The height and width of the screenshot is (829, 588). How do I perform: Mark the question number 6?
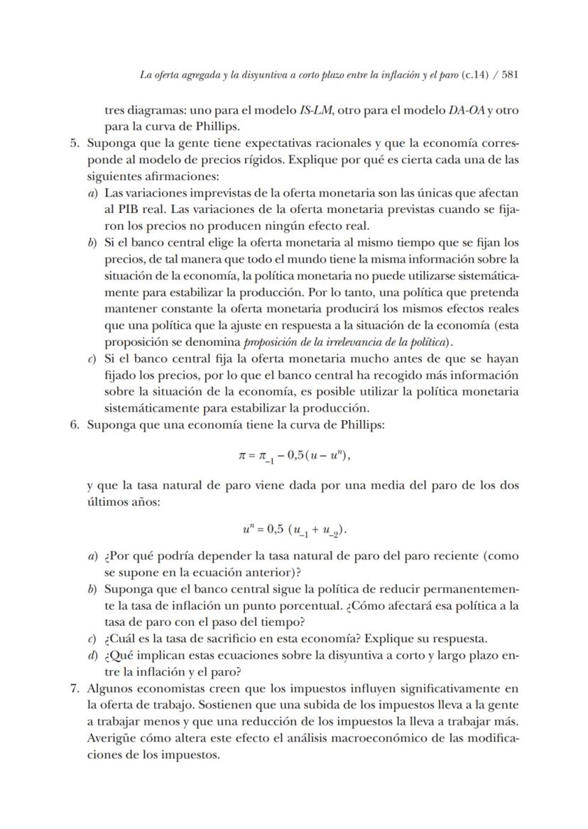point(74,425)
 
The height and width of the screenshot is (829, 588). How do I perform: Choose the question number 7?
point(74,688)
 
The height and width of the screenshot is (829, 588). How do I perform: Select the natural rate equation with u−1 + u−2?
point(294,529)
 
